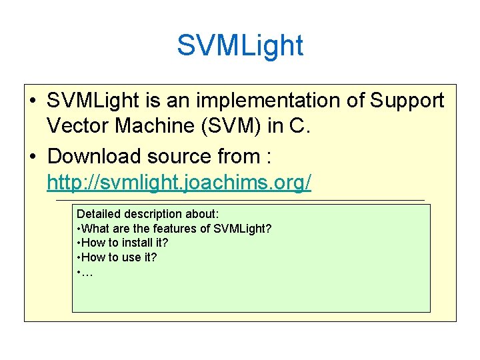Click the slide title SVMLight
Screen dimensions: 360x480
point(240,45)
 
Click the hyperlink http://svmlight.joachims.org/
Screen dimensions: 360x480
point(179,183)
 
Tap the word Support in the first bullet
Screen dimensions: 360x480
point(406,101)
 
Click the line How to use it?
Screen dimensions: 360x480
point(118,257)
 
